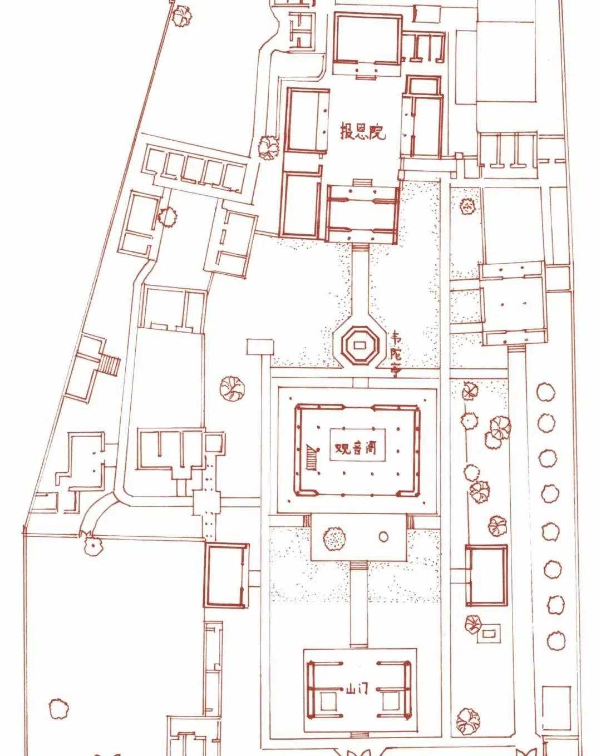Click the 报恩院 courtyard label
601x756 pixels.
[x=362, y=131]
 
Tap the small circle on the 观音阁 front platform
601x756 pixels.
[x=383, y=536]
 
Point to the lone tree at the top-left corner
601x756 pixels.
[x=183, y=16]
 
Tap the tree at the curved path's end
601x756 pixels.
[x=92, y=545]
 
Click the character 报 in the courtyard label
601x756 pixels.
[x=347, y=131]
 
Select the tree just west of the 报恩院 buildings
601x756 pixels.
[x=269, y=148]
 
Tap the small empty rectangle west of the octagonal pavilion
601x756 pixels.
[x=260, y=347]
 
